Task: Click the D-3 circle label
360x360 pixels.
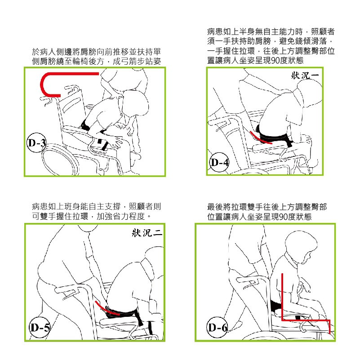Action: pos(36,142)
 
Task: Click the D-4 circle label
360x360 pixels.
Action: pos(219,162)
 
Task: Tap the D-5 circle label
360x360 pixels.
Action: pos(40,327)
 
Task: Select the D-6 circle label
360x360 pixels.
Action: pos(217,327)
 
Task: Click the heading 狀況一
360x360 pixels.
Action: pos(305,76)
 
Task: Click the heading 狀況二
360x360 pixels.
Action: pos(147,233)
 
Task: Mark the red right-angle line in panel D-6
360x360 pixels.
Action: pos(282,320)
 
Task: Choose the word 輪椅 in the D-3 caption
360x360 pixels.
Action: pos(80,61)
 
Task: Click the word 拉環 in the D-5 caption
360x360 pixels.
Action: pos(80,216)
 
